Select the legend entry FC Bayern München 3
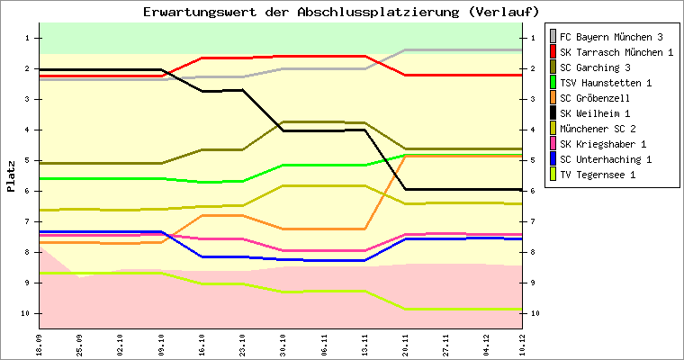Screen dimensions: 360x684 pos(611,37)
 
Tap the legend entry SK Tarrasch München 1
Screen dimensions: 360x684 pos(616,52)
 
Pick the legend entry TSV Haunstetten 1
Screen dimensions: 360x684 pos(605,83)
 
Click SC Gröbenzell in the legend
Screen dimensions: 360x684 pos(595,98)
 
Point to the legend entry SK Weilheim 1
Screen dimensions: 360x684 pos(595,113)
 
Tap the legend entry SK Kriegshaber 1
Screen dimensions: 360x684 pos(602,144)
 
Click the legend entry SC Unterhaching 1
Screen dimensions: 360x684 pos(605,159)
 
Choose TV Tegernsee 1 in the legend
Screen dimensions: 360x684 pos(598,175)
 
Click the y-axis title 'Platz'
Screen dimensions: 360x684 pos(11,175)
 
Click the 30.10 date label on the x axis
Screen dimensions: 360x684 pos(283,343)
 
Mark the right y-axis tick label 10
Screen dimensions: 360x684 pos(534,313)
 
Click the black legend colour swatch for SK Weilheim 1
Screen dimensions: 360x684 pos(552,113)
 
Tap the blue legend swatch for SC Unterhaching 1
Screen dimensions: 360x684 pos(552,159)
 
